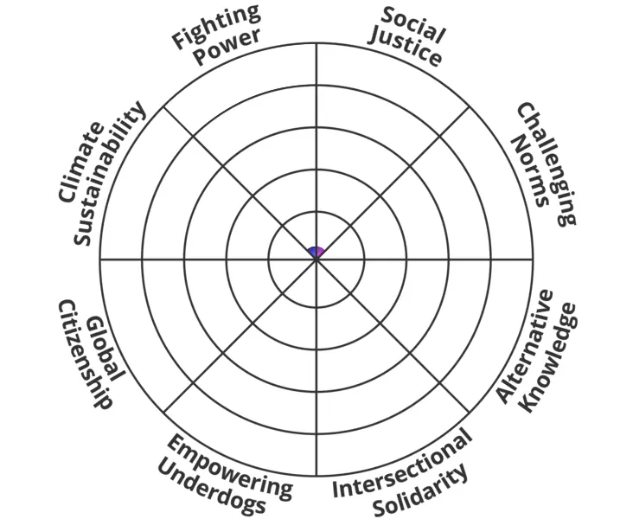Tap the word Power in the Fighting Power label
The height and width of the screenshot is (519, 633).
tap(227, 48)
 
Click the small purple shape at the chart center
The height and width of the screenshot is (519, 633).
tap(316, 251)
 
